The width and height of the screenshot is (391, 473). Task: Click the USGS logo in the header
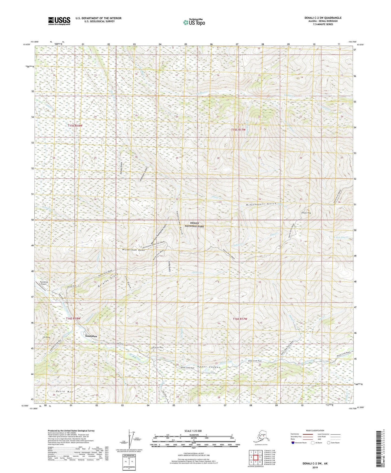click(59, 21)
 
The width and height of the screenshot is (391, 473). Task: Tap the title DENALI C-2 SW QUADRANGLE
click(323, 18)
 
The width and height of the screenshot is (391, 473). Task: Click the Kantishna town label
click(91, 336)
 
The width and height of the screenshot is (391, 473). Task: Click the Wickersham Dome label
click(133, 250)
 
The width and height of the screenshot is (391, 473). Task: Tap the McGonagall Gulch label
click(261, 204)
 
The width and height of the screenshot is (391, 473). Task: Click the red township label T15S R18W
click(75, 126)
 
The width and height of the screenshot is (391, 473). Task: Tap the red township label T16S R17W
click(240, 319)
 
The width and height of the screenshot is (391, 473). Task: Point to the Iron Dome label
click(46, 337)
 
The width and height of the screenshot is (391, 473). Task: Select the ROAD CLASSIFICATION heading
click(315, 430)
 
